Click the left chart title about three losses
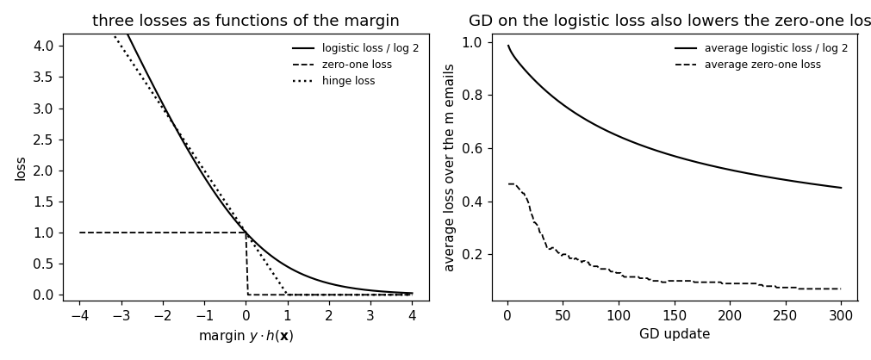click(246, 21)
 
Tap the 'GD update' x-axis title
click(675, 334)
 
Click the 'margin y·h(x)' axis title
click(246, 336)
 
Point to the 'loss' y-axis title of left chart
click(21, 169)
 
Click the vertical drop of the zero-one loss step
click(246, 264)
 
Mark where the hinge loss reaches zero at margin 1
click(287, 294)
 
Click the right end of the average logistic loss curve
click(841, 188)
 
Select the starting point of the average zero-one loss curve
click(507, 184)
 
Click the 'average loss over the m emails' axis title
click(449, 168)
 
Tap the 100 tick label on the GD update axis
click(619, 315)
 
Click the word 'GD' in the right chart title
click(478, 21)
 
